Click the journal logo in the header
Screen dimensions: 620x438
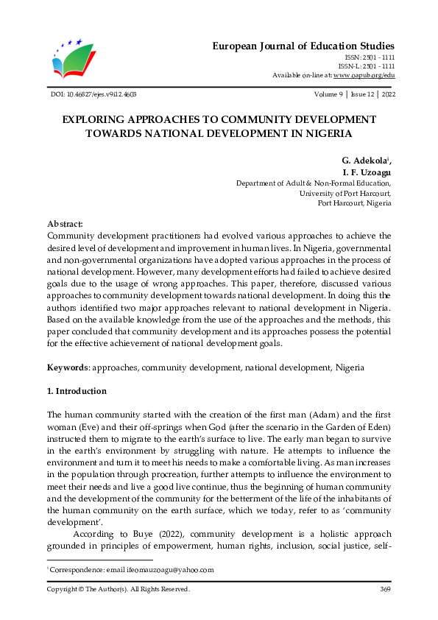74,58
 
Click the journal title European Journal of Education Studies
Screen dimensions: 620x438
303,46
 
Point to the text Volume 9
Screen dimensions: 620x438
328,94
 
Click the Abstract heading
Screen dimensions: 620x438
66,223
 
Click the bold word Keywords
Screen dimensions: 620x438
67,367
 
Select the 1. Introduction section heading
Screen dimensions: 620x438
77,391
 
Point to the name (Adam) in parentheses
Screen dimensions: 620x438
313,415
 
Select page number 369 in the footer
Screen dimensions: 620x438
384,589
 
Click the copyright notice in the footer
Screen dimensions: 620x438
119,589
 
